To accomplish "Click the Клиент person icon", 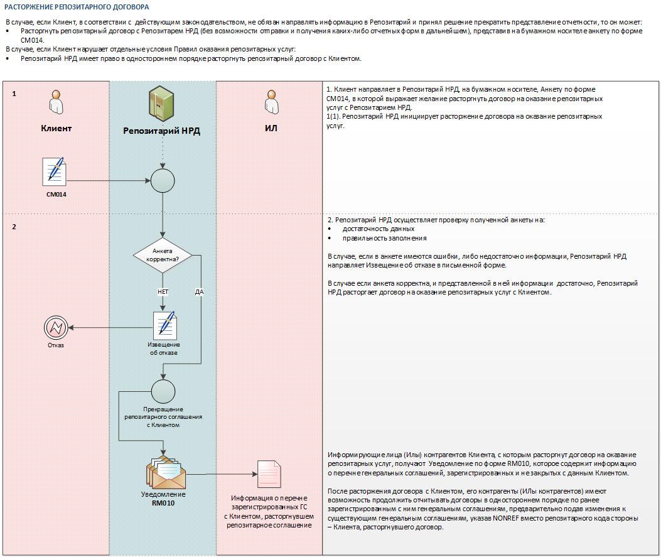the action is tap(56, 102).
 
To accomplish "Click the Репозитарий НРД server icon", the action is tap(161, 103).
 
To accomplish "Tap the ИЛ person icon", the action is tap(271, 102).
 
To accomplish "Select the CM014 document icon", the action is tap(55, 171).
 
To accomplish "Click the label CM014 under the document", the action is tap(56, 195).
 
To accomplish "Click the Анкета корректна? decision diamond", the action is tap(163, 255).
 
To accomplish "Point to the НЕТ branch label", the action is tap(163, 292).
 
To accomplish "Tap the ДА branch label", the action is tap(200, 292).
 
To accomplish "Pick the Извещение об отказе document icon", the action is tap(165, 325).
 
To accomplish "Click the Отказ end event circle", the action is tap(56, 328).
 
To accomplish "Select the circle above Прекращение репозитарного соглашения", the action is tap(163, 391).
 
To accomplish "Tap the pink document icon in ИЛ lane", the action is tap(269, 474).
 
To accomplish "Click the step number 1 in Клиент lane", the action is tap(14, 94).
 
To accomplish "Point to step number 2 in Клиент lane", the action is tap(14, 227).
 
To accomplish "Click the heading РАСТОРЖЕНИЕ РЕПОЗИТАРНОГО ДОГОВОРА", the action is tap(77, 7).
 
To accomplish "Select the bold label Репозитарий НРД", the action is tap(161, 131).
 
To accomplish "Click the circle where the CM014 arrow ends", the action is tap(163, 181).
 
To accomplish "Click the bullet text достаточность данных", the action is tap(379, 229).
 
